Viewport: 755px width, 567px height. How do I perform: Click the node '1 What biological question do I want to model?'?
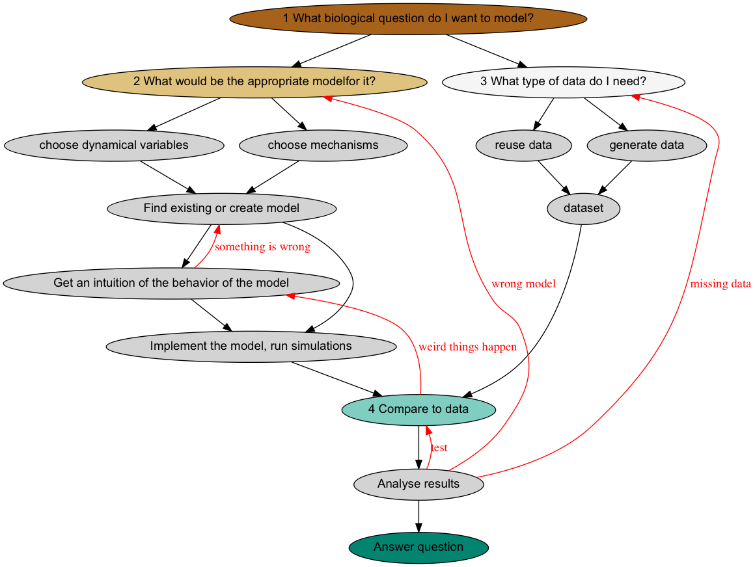point(408,18)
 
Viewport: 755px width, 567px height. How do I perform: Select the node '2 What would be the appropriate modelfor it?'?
point(254,81)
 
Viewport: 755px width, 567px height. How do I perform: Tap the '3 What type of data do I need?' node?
point(563,81)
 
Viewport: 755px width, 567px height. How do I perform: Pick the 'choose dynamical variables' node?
point(114,145)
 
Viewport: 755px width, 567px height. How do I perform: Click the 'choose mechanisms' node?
point(323,145)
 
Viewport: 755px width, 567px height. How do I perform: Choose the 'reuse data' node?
point(523,145)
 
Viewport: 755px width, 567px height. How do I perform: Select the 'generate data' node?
point(646,145)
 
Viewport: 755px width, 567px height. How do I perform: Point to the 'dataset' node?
point(584,209)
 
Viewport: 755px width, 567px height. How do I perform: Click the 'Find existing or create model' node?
point(221,208)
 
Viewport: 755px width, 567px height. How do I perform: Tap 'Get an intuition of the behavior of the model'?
point(171,283)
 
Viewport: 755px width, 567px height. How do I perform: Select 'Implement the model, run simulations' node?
point(251,346)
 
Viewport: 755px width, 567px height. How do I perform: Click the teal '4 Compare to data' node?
point(419,409)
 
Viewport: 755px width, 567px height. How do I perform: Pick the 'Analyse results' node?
point(419,484)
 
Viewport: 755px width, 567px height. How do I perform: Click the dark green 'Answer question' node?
point(419,547)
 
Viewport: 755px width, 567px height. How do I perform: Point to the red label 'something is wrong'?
point(262,247)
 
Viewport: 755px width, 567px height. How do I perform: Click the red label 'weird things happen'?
point(467,347)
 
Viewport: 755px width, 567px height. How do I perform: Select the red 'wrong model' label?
point(523,283)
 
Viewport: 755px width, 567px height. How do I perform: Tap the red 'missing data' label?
point(720,283)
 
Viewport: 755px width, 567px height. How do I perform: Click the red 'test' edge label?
point(439,447)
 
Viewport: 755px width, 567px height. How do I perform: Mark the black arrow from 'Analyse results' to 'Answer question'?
point(419,516)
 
